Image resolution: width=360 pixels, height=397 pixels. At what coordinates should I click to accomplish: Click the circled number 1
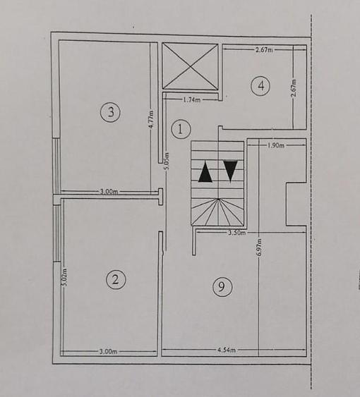coord(181,129)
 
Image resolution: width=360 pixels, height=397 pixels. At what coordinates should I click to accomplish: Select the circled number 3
coord(109,111)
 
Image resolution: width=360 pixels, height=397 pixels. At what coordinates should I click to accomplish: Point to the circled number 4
coord(260,86)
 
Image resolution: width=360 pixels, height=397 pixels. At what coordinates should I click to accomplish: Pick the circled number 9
coord(222,286)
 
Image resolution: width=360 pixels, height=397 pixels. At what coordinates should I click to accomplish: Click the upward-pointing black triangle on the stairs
coord(205,172)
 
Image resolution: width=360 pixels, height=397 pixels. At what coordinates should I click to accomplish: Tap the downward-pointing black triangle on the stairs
coord(230,171)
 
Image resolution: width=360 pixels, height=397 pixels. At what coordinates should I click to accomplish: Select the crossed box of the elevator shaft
coord(190,66)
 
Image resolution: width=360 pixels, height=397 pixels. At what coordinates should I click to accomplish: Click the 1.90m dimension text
coord(276,146)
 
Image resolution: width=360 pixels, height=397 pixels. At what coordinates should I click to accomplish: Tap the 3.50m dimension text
coord(237,232)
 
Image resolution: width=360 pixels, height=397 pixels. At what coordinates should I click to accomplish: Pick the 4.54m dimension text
coord(227,350)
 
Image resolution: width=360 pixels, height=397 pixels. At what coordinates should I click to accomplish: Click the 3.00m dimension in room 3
coord(108,191)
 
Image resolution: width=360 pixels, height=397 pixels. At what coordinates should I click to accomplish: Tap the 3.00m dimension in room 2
coord(108,351)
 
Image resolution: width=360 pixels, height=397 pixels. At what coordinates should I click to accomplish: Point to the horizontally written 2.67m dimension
coord(265,50)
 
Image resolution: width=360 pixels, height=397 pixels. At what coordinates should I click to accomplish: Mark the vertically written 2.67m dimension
coord(294,88)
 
